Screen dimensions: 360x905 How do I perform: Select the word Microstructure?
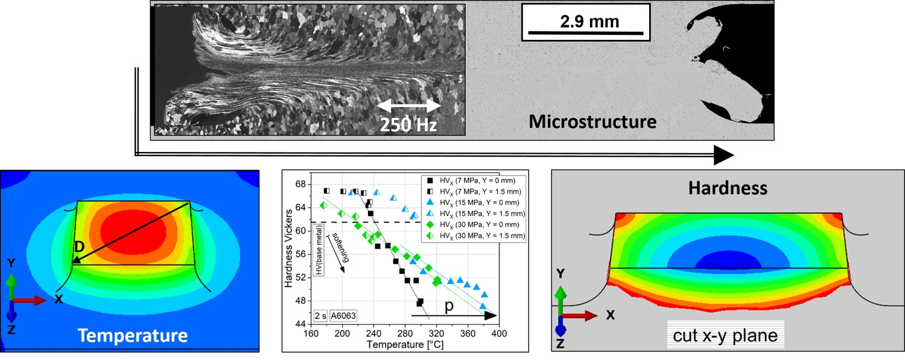(x=592, y=122)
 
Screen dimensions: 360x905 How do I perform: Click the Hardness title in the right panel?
(x=729, y=188)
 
